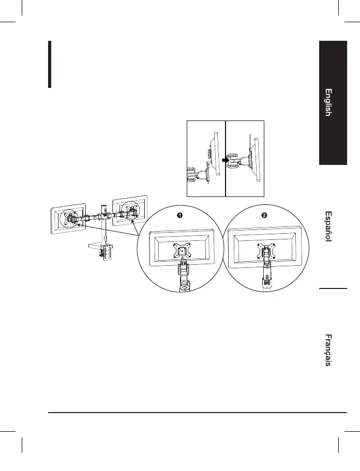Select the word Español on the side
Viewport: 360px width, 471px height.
[x=328, y=226]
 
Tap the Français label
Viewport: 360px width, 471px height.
[x=328, y=351]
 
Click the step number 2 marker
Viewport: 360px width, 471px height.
[x=264, y=215]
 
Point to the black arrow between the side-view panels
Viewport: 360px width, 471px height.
[x=225, y=160]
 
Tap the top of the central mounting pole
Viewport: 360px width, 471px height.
[x=104, y=205]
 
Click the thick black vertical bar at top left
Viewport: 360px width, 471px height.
[x=50, y=65]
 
